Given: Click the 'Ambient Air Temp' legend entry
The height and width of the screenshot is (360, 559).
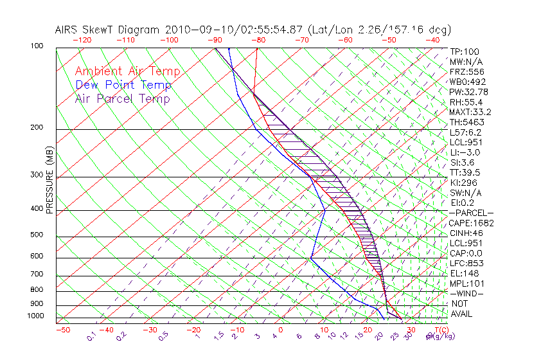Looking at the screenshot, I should [x=127, y=71].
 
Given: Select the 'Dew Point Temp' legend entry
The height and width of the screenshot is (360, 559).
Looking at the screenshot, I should [x=123, y=85].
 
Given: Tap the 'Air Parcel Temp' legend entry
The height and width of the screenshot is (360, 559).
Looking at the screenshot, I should [x=122, y=98].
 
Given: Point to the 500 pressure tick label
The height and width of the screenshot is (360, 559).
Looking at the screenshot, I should [x=37, y=235].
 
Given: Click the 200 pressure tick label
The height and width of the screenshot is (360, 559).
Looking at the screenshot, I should [x=37, y=128].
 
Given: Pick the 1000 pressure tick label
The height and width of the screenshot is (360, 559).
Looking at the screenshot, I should [x=35, y=316].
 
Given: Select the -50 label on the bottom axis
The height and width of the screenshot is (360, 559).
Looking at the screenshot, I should [x=62, y=330].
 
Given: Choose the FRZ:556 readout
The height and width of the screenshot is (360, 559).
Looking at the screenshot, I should [x=465, y=72].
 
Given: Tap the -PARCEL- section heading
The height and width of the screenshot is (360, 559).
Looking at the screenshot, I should [x=471, y=213].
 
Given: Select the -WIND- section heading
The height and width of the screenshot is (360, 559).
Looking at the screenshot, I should [x=466, y=294].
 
